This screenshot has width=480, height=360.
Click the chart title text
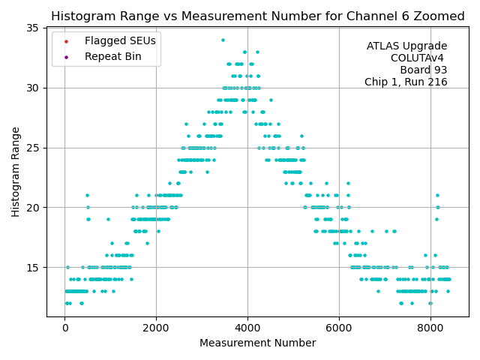coord(257,16)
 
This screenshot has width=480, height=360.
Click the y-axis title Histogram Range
coord(16,172)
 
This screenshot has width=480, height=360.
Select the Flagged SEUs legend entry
coord(110,40)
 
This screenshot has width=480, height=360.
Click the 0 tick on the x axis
coord(64,328)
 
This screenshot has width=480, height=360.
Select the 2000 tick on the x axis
coord(156,328)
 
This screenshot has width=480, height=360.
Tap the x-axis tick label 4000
coord(247,328)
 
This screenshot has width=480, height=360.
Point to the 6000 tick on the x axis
coord(339,328)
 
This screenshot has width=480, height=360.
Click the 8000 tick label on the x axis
coord(430,328)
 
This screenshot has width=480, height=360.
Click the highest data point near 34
coord(223,40)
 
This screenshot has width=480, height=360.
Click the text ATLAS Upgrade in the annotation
coord(406,46)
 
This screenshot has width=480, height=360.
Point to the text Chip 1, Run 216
coord(406,82)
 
